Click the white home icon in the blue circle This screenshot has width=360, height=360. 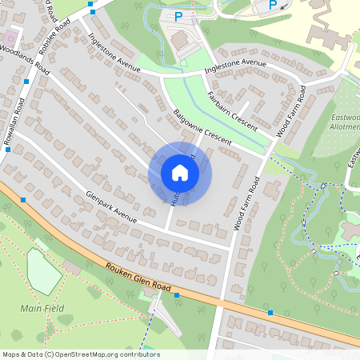pyautogui.click(x=180, y=173)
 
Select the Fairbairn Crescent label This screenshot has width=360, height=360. pyautogui.click(x=231, y=110)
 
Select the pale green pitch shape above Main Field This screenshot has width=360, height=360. pyautogui.click(x=44, y=270)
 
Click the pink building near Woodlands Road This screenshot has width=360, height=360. pyautogui.click(x=10, y=38)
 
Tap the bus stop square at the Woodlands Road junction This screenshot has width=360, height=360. pyautogui.click(x=29, y=82)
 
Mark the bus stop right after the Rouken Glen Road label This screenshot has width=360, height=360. pyautogui.click(x=177, y=295)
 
